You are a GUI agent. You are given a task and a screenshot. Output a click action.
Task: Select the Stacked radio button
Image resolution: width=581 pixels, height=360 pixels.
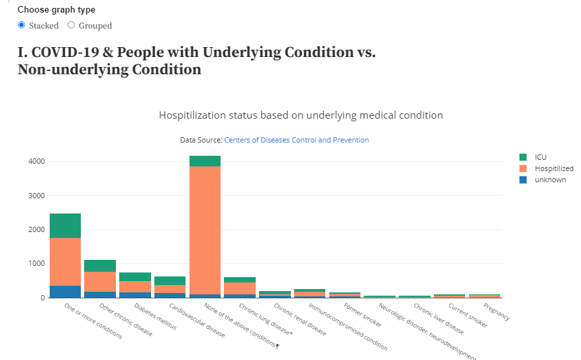pyautogui.click(x=22, y=25)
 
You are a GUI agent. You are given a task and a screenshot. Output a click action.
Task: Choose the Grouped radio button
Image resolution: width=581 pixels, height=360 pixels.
pyautogui.click(x=72, y=25)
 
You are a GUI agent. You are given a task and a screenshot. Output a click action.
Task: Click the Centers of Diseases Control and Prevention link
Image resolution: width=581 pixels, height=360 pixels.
pyautogui.click(x=296, y=140)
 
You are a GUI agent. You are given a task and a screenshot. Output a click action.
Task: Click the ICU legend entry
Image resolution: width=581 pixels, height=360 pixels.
pyautogui.click(x=540, y=157)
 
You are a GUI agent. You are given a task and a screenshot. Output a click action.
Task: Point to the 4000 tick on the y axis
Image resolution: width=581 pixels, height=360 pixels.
pyautogui.click(x=36, y=161)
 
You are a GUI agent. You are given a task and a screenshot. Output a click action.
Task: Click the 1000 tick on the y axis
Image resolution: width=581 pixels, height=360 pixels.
pyautogui.click(x=36, y=263)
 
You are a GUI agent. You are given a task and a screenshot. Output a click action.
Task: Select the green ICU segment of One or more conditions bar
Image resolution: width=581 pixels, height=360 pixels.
pyautogui.click(x=65, y=225)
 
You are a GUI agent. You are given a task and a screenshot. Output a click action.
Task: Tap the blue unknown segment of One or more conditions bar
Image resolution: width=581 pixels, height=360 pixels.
pyautogui.click(x=65, y=292)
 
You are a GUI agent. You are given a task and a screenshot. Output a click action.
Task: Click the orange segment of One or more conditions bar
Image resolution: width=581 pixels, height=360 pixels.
pyautogui.click(x=65, y=262)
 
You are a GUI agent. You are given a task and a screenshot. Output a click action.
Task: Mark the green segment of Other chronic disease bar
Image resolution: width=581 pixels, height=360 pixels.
pyautogui.click(x=100, y=266)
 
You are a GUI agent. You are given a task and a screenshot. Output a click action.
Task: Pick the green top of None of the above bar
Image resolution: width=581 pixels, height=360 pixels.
pyautogui.click(x=205, y=161)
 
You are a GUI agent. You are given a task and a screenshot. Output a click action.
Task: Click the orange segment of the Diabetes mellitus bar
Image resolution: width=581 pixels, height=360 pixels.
pyautogui.click(x=135, y=286)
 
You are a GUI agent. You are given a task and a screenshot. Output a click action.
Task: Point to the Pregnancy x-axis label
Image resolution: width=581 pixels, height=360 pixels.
pyautogui.click(x=497, y=312)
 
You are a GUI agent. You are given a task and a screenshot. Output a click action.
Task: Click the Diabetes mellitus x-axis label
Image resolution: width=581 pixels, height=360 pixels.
pyautogui.click(x=155, y=317)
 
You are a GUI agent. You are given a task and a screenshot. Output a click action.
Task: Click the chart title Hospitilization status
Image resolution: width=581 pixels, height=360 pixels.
pyautogui.click(x=301, y=115)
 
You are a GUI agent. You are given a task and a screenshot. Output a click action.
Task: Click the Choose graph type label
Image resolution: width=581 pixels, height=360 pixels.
pyautogui.click(x=56, y=10)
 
